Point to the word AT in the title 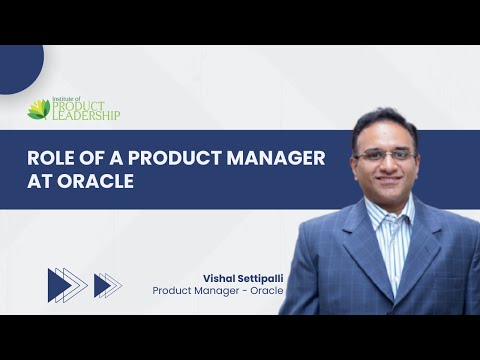41,185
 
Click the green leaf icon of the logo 39,108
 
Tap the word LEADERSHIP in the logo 87,116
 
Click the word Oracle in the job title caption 264,290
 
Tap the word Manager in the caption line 218,290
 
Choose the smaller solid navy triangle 101,285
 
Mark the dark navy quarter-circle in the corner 16,66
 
